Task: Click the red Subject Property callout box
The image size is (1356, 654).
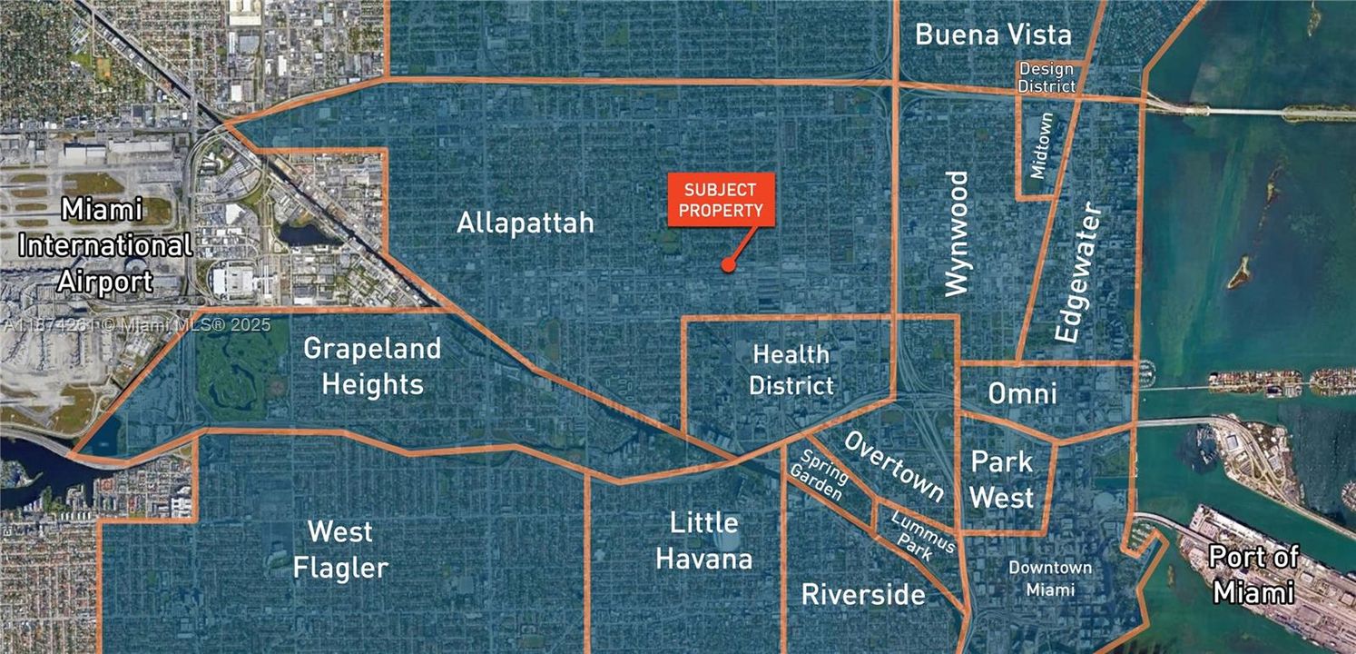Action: (721, 200)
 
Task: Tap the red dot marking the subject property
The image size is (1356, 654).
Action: (727, 265)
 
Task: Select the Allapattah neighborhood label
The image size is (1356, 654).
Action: (526, 223)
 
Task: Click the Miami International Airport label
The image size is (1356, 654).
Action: (104, 246)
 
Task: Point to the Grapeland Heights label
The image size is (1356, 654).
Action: (372, 366)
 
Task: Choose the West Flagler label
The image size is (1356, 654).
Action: (340, 550)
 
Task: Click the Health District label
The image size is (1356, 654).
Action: (791, 370)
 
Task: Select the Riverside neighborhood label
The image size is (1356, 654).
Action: (863, 595)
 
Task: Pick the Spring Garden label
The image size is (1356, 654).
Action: (819, 477)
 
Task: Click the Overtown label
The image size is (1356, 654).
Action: (894, 466)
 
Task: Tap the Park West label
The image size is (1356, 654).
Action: (1002, 480)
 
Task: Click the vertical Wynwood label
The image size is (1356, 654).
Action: (957, 233)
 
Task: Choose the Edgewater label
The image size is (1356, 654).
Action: (1080, 273)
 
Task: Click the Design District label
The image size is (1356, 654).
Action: (1046, 77)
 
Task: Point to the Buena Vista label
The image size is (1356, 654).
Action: (993, 35)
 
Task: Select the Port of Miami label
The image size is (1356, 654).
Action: (1254, 574)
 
